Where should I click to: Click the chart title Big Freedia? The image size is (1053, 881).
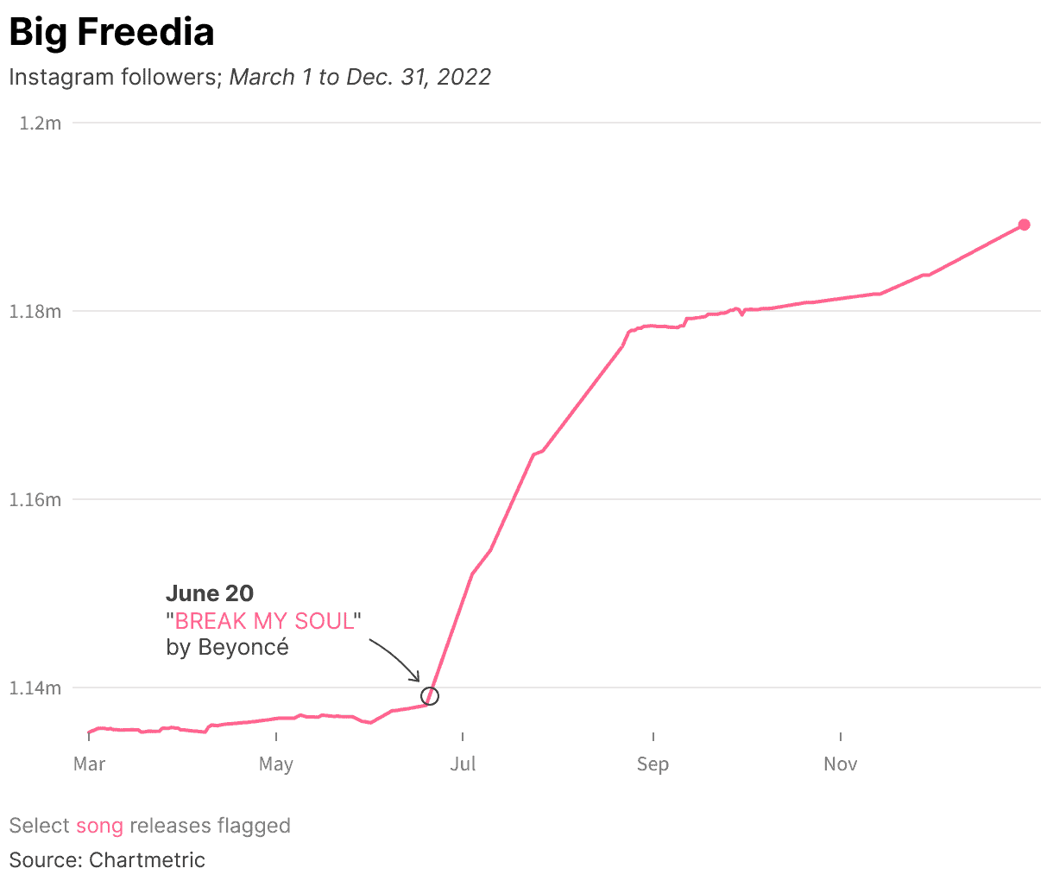tap(111, 33)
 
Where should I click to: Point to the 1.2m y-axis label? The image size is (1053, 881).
tap(41, 124)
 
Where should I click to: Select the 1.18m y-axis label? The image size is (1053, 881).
tap(35, 312)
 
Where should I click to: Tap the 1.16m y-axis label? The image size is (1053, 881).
tap(35, 500)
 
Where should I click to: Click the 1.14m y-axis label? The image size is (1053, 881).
tap(35, 688)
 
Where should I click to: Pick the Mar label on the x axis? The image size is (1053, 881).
tap(89, 764)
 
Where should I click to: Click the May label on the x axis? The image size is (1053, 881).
tap(276, 764)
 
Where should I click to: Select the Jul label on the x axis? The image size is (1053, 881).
tap(463, 764)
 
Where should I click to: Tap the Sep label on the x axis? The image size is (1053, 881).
tap(653, 764)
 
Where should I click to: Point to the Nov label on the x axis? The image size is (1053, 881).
tap(840, 764)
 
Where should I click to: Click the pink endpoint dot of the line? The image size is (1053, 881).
tap(1024, 225)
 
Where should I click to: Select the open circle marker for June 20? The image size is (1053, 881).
tap(430, 696)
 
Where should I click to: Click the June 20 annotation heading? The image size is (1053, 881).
tap(210, 593)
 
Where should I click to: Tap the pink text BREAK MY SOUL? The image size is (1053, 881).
tap(264, 621)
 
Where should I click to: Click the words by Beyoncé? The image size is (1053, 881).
tap(227, 648)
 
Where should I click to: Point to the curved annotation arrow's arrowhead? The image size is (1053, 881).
tap(418, 679)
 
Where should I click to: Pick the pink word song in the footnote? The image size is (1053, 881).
tap(99, 826)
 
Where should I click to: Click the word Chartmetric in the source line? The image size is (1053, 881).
tap(148, 860)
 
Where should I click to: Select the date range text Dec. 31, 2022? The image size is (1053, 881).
tap(419, 77)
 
